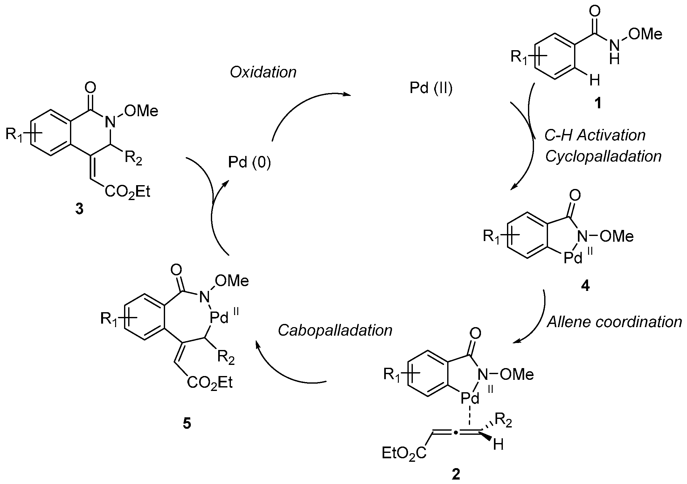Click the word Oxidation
tap(263, 72)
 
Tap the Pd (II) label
tap(431, 88)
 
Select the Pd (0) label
tap(249, 163)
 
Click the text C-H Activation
tap(595, 135)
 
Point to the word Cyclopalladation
tap(603, 156)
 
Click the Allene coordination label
tap(614, 322)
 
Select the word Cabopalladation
tap(335, 330)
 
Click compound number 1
tap(598, 103)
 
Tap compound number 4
tap(585, 286)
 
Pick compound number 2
tap(456, 474)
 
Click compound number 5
tap(187, 424)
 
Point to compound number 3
tap(79, 209)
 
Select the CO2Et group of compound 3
tap(127, 192)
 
